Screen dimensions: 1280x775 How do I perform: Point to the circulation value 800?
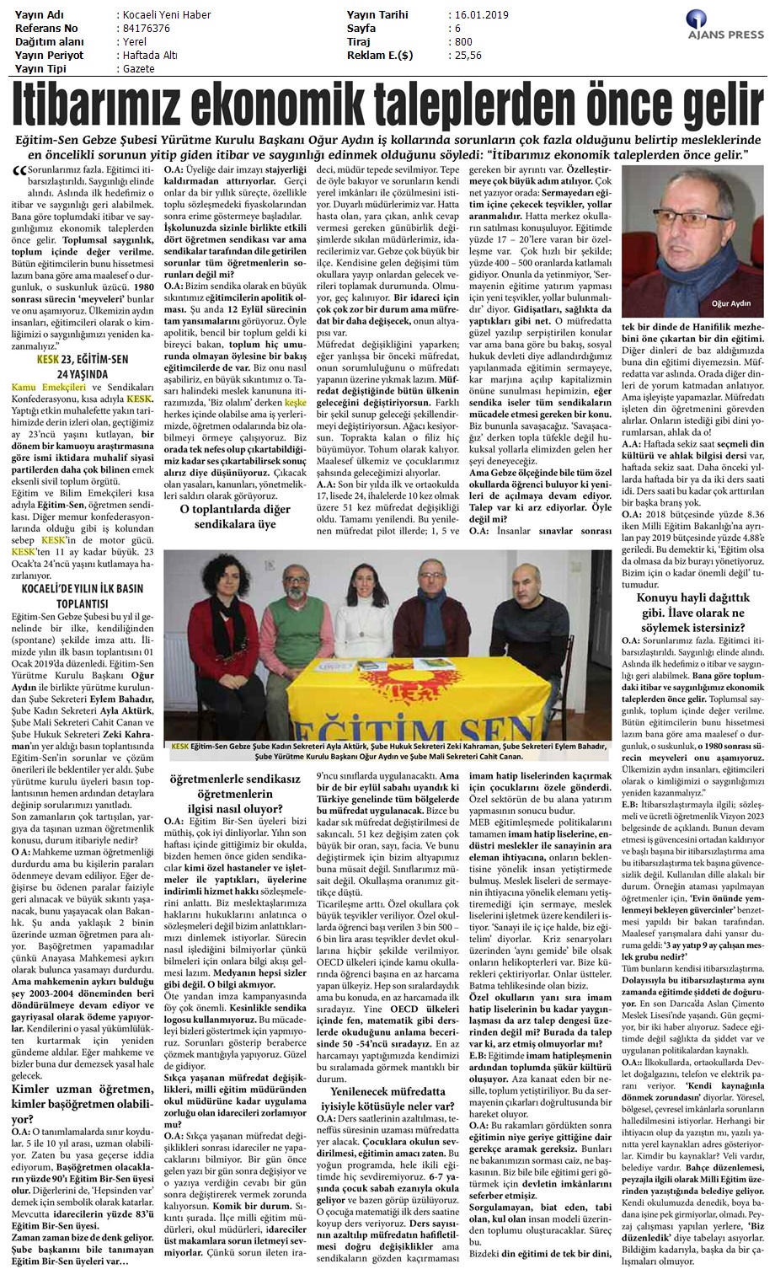point(462,42)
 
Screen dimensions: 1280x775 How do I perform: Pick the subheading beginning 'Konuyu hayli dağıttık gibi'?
point(694,613)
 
